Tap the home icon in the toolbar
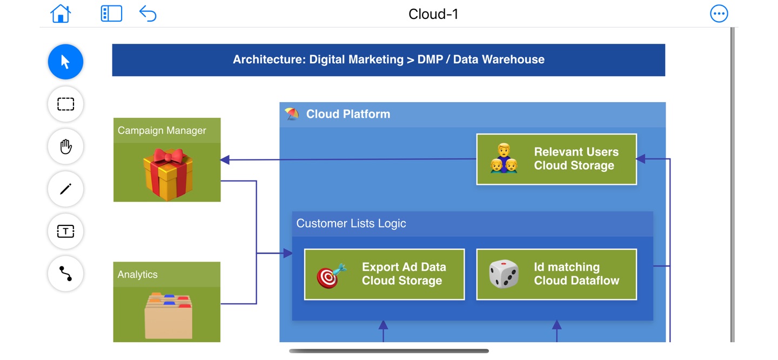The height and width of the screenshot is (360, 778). pyautogui.click(x=61, y=14)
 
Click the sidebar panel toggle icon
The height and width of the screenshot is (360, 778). pyautogui.click(x=111, y=14)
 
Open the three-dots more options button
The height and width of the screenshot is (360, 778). pyautogui.click(x=719, y=14)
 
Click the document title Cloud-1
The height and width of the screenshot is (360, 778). pyautogui.click(x=433, y=14)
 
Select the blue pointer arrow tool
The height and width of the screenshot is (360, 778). pyautogui.click(x=65, y=62)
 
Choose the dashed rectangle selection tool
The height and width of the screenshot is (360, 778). pyautogui.click(x=65, y=104)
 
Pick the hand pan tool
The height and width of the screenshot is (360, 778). pyautogui.click(x=65, y=146)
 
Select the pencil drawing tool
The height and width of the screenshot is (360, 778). pyautogui.click(x=65, y=189)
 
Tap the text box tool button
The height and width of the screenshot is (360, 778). pyautogui.click(x=65, y=231)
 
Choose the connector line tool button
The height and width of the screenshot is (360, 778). pyautogui.click(x=65, y=274)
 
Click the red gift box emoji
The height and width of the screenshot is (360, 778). pyautogui.click(x=168, y=174)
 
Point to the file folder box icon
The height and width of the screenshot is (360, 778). pyautogui.click(x=168, y=316)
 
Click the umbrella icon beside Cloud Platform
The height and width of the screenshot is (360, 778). pyautogui.click(x=292, y=114)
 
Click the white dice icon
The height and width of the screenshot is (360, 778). pyautogui.click(x=504, y=274)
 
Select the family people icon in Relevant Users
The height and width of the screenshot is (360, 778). pyautogui.click(x=504, y=158)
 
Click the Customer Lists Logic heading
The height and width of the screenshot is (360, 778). pyautogui.click(x=351, y=223)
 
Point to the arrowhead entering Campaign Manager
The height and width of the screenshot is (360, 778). pyautogui.click(x=225, y=159)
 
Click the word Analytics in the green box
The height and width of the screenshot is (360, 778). pyautogui.click(x=138, y=275)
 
